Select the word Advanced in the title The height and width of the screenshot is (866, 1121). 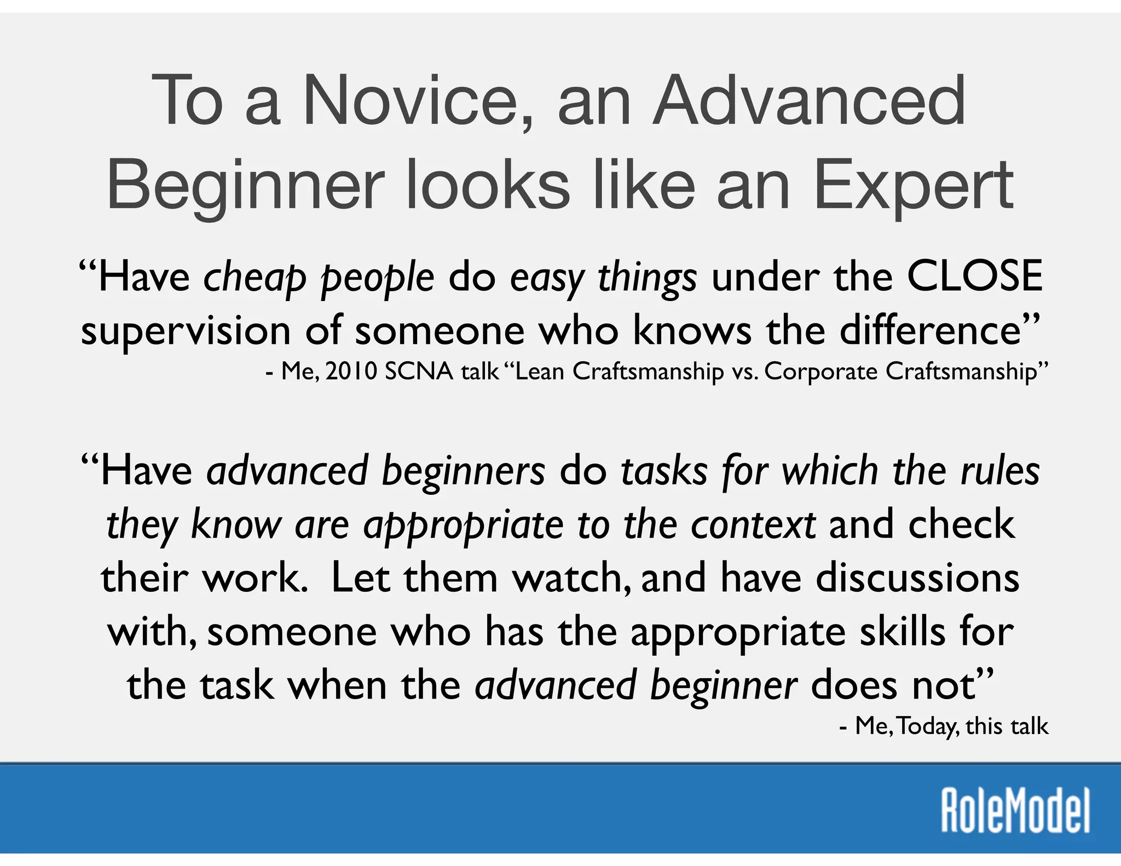[x=810, y=101]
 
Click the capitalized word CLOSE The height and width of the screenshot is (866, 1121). [x=974, y=276]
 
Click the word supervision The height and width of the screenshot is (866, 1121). [x=186, y=332]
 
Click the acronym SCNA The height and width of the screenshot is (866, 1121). [x=419, y=372]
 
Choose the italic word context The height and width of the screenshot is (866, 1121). [x=753, y=525]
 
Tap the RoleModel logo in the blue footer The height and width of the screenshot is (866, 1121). [x=1015, y=811]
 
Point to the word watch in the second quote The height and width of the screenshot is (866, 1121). [x=571, y=578]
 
